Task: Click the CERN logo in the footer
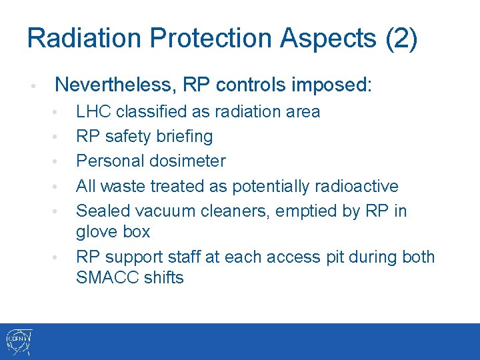click(x=18, y=341)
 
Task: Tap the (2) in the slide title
click(x=401, y=38)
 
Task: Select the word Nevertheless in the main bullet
click(x=109, y=85)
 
